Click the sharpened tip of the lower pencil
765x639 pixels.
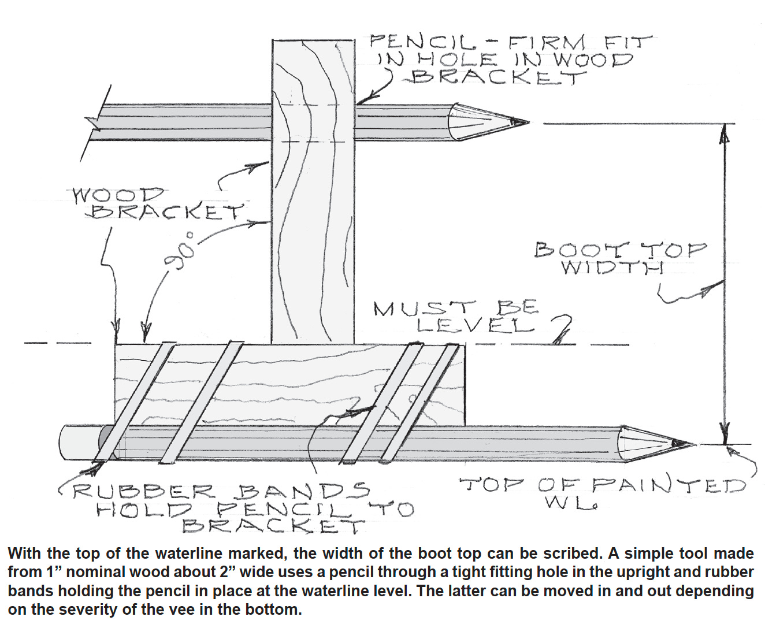690,444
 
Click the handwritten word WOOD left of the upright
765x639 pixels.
118,195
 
